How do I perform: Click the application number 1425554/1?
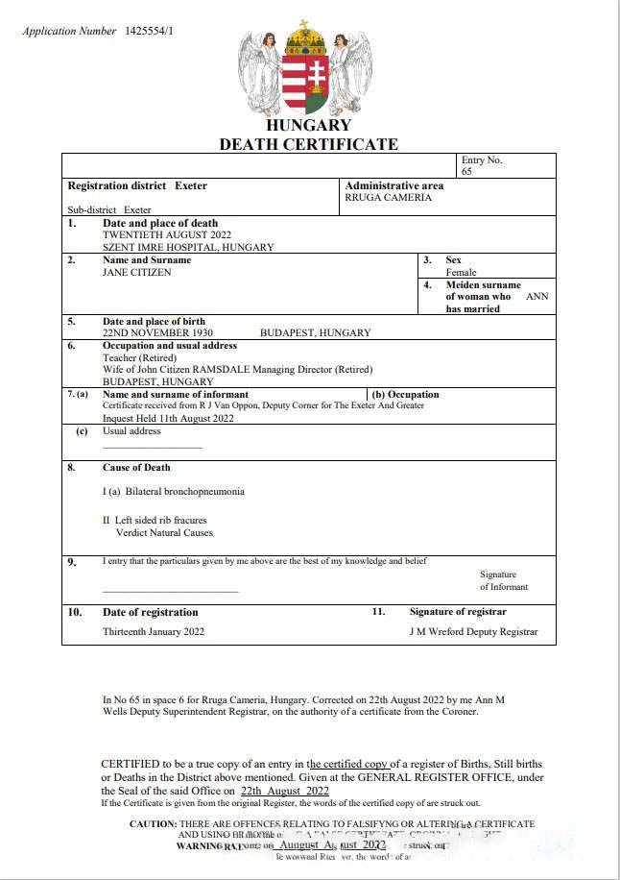149,31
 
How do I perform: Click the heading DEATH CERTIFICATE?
308,144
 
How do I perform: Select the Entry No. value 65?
466,172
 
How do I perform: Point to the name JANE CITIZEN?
137,273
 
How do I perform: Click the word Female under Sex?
461,273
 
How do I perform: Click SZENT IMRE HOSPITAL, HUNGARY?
188,248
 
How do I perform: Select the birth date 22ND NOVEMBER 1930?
157,333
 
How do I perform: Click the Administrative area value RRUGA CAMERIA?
388,198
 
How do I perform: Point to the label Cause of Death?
136,468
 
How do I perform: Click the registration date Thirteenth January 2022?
154,632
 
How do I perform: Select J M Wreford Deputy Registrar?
473,632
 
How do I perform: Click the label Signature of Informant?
504,580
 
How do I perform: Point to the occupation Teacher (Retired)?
139,358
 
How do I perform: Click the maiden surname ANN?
537,297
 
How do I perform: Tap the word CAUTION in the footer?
153,824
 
